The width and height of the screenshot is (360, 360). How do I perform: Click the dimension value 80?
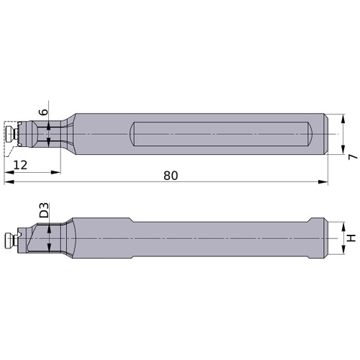pos(171,176)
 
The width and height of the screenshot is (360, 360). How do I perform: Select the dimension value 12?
pos(20,165)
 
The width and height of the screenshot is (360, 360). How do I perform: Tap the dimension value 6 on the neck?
pos(44,112)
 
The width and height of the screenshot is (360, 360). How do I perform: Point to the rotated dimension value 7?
pos(353,157)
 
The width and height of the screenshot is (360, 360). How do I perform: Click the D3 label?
pos(44,210)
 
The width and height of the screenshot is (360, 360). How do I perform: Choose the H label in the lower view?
pos(351,238)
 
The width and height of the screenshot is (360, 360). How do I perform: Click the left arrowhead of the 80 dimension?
pos(9,182)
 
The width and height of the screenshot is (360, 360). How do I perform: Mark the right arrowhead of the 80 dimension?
pos(323,182)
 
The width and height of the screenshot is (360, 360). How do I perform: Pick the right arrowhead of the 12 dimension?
pos(55,172)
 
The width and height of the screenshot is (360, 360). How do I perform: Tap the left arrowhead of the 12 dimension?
pos(9,172)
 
